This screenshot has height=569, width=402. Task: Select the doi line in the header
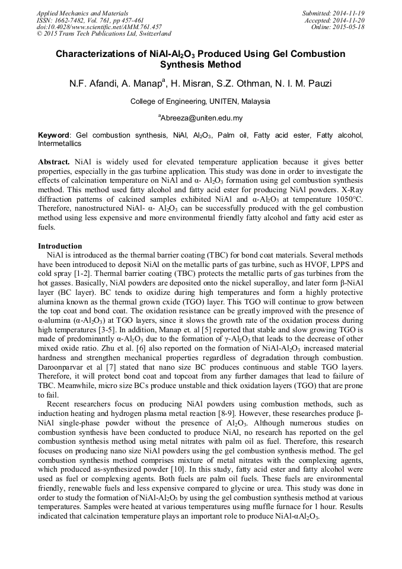pos(98,27)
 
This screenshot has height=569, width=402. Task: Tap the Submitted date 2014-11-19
pos(350,12)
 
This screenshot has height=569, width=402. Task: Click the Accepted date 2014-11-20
pos(351,20)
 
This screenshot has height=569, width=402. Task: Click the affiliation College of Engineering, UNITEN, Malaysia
pos(200,101)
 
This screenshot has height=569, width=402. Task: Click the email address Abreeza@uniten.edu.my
pos(201,118)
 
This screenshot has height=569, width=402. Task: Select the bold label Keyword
pos(53,135)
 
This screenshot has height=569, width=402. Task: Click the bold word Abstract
pos(54,161)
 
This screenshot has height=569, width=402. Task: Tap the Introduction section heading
pos(60,246)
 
